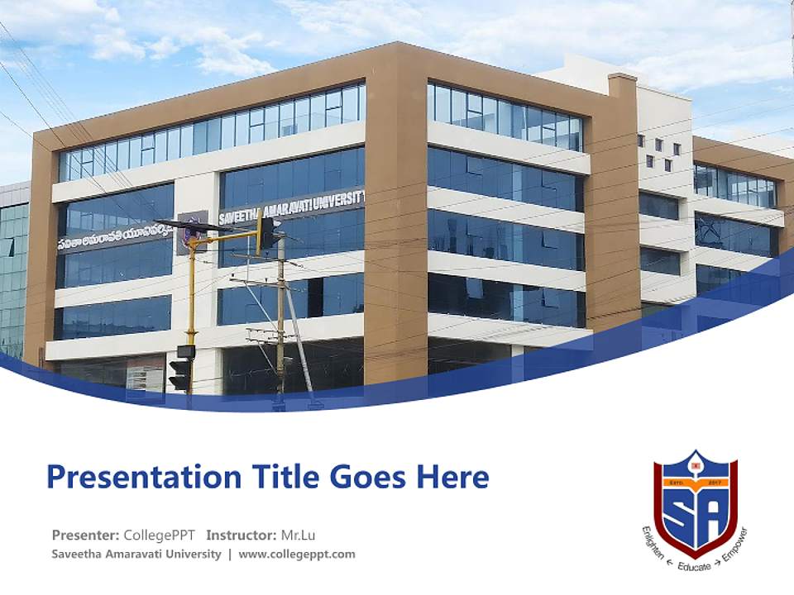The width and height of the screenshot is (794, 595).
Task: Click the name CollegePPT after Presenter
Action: (x=159, y=535)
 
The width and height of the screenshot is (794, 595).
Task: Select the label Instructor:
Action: (x=242, y=535)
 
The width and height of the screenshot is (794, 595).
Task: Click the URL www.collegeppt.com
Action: (x=297, y=555)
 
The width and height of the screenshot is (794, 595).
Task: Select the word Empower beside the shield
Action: (x=734, y=545)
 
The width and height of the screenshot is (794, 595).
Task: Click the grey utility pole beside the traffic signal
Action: (x=281, y=322)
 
